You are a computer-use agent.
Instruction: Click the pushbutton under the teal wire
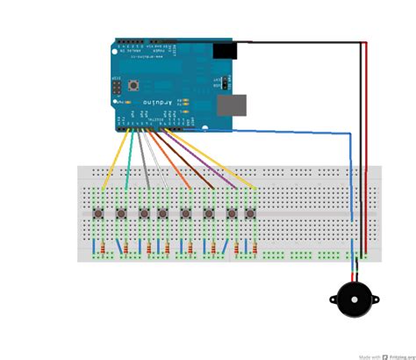pos(121,213)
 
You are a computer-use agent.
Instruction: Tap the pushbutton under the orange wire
pos(185,213)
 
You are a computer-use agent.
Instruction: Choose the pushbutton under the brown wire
pos(208,213)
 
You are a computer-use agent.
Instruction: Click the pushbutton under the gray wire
pos(143,213)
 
